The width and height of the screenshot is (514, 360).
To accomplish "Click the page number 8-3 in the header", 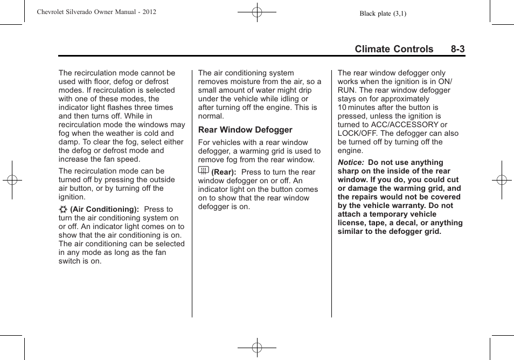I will pos(458,49).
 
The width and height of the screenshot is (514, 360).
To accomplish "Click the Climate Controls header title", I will pos(394,49).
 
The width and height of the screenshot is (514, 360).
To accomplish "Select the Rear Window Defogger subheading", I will pos(245,130).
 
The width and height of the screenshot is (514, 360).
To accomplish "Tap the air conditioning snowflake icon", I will pos(63,209).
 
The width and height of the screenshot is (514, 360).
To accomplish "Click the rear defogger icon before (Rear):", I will pos(203,171).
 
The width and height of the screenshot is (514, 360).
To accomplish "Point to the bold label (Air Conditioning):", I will pos(105,209).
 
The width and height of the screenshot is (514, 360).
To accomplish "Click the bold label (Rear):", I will pos(224,172).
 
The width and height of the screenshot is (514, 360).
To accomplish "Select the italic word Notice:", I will pos(351,163).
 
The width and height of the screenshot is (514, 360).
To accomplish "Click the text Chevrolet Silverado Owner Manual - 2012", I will pos(96,11).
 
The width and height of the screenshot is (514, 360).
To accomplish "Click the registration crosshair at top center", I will pos(257,11).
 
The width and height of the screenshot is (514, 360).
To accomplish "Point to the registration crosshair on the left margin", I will pos(12,180).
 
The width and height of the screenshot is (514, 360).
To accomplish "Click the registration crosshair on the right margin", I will pos(502,180).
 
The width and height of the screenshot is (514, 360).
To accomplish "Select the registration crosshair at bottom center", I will pos(257,348).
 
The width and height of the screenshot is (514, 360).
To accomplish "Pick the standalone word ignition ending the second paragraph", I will pos(72,197).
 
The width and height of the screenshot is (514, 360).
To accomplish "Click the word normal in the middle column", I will pos(210,116).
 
